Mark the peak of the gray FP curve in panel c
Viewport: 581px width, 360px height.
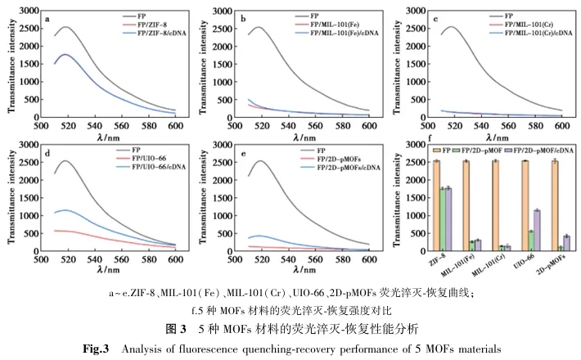[453, 27]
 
